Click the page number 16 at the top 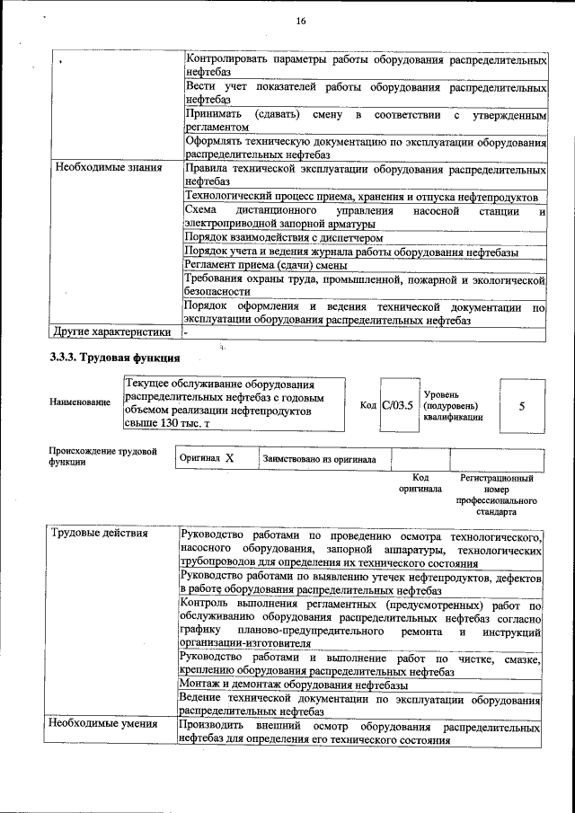click(300, 22)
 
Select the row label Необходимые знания click(96, 167)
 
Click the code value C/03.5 click(397, 405)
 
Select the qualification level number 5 click(522, 406)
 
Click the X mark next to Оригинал click(229, 458)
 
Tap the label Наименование click(80, 402)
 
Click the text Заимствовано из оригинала click(319, 459)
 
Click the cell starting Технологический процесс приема click(360, 196)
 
